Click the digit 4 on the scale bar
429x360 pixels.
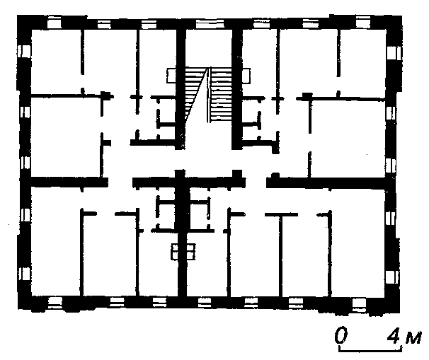[394, 335]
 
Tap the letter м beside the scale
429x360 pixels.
[413, 339]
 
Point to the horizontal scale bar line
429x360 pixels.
[370, 349]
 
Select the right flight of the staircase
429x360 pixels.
[222, 95]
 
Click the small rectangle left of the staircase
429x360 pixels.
[172, 76]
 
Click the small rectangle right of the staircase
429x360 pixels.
[246, 76]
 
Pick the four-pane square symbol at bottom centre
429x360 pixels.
[183, 252]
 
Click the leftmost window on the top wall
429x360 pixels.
[54, 22]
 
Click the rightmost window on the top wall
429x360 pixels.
[362, 22]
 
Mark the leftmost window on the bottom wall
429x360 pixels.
[55, 302]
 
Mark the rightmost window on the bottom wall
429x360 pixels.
[359, 303]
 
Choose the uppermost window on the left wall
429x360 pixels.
[24, 52]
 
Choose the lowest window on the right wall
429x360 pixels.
[391, 277]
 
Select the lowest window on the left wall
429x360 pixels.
[25, 274]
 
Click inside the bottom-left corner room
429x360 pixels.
[55, 240]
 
